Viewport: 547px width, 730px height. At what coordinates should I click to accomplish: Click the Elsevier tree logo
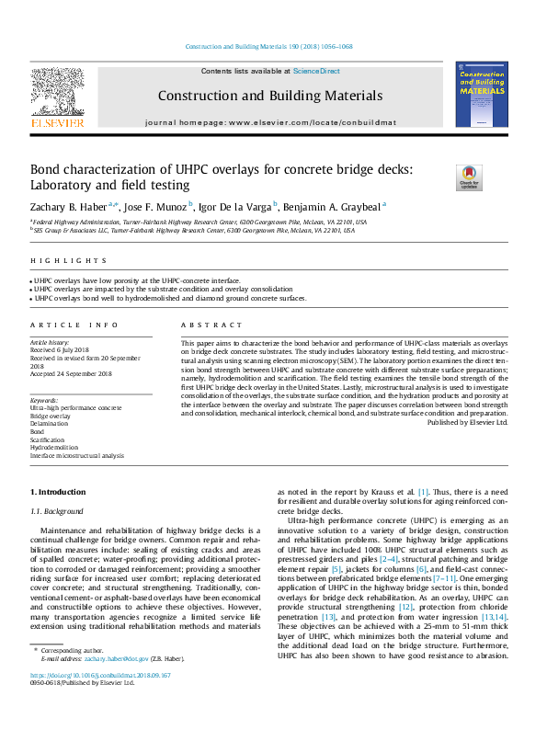tap(57, 93)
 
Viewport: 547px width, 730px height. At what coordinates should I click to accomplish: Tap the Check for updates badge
tap(469, 177)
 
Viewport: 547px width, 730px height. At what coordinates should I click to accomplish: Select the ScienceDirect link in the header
tap(316, 71)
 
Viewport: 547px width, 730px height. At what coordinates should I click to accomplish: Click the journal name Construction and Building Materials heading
tap(270, 96)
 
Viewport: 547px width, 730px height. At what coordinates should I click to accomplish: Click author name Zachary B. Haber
tap(70, 206)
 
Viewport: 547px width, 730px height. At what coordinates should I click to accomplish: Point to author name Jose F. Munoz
tap(157, 206)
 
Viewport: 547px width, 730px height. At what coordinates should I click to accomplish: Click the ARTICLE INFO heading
tap(74, 325)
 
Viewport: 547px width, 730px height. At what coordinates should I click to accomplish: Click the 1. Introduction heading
tap(58, 492)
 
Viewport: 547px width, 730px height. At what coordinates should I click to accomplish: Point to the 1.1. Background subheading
tap(57, 511)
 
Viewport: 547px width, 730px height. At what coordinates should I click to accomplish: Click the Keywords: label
tap(44, 400)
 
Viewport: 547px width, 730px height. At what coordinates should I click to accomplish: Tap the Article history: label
tap(51, 341)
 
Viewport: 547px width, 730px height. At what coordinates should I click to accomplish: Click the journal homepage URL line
tap(270, 122)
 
